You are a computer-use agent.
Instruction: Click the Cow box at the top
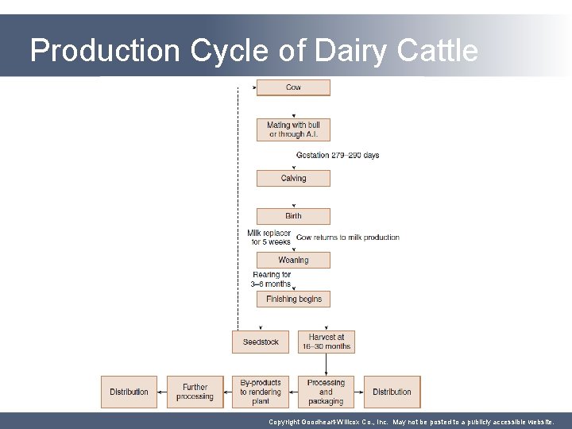click(293, 87)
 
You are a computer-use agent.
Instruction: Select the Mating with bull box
click(293, 129)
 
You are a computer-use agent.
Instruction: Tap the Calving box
click(293, 179)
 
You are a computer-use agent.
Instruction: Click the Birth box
click(293, 216)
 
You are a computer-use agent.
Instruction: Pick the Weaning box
click(293, 260)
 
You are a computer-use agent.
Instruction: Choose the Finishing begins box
click(293, 300)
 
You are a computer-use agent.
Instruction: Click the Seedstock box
click(261, 342)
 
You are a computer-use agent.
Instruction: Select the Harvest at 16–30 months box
click(326, 342)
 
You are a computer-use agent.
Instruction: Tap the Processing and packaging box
click(326, 392)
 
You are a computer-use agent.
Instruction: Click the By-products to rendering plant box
click(261, 392)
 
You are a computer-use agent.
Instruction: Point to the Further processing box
click(195, 392)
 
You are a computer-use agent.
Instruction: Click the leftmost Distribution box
click(129, 392)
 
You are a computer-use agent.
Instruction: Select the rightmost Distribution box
click(392, 392)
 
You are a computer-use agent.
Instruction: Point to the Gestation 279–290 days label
click(338, 155)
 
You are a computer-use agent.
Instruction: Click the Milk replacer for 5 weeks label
click(270, 238)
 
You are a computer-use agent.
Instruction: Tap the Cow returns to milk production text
click(348, 238)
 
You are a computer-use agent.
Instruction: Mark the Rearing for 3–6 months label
click(272, 279)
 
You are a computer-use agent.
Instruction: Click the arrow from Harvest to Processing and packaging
click(326, 364)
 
